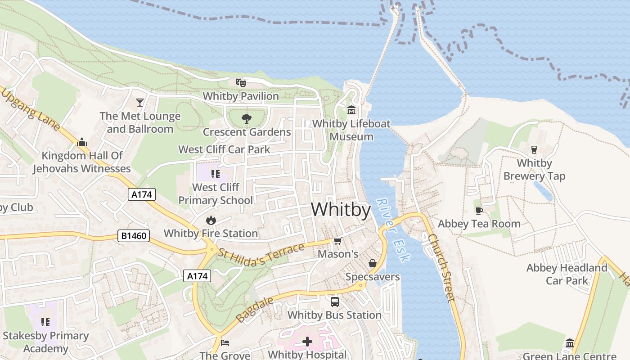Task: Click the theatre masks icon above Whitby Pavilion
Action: point(241,82)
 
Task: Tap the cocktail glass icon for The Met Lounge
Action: point(140,102)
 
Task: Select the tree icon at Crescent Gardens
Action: point(246,119)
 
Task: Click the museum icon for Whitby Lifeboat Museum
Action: point(351,110)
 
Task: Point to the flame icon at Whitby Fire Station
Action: point(211,220)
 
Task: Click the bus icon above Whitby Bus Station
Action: point(334,301)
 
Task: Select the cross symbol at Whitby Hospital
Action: point(307,342)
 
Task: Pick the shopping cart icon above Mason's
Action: point(337,241)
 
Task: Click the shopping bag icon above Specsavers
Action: point(373,263)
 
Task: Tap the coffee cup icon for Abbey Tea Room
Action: point(479,210)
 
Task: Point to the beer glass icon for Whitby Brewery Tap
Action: point(534,149)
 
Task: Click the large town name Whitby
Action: point(341,210)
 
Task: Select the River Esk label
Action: point(393,230)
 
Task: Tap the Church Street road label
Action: point(441,267)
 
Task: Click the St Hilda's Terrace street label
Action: point(261,255)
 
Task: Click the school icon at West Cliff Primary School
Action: point(216,174)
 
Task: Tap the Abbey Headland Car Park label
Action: point(567,274)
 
